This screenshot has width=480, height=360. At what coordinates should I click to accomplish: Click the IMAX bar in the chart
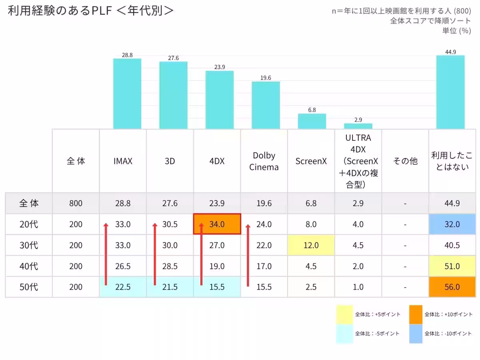(127, 94)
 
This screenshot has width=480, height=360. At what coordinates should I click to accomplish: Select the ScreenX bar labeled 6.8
(312, 121)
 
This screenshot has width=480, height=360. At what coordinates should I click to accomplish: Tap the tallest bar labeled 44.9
(450, 92)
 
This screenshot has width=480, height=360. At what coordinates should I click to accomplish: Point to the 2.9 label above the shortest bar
(358, 120)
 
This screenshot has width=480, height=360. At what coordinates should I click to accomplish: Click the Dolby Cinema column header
(264, 161)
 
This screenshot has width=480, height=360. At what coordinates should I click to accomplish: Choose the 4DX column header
(217, 161)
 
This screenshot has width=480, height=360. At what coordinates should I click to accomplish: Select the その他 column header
(405, 161)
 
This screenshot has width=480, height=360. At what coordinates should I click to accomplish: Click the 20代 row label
(29, 224)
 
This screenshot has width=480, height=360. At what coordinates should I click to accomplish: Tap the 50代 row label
(29, 287)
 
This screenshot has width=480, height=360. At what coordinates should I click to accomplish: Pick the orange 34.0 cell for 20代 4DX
(217, 224)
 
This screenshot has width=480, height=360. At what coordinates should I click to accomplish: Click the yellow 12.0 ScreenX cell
(311, 245)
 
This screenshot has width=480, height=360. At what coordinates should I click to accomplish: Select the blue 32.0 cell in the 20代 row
(452, 224)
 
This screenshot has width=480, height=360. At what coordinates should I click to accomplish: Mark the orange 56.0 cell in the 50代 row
(452, 287)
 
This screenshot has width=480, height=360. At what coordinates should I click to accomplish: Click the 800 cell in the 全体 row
(76, 203)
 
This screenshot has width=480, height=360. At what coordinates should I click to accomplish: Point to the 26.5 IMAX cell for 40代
(123, 266)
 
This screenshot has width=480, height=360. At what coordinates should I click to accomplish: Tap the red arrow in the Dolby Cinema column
(248, 255)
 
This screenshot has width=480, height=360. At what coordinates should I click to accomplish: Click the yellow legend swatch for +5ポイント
(344, 314)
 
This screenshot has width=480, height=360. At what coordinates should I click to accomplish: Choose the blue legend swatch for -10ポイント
(416, 334)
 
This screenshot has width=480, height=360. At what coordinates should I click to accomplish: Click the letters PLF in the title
(102, 10)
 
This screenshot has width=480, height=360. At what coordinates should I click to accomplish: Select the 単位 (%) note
(457, 31)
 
